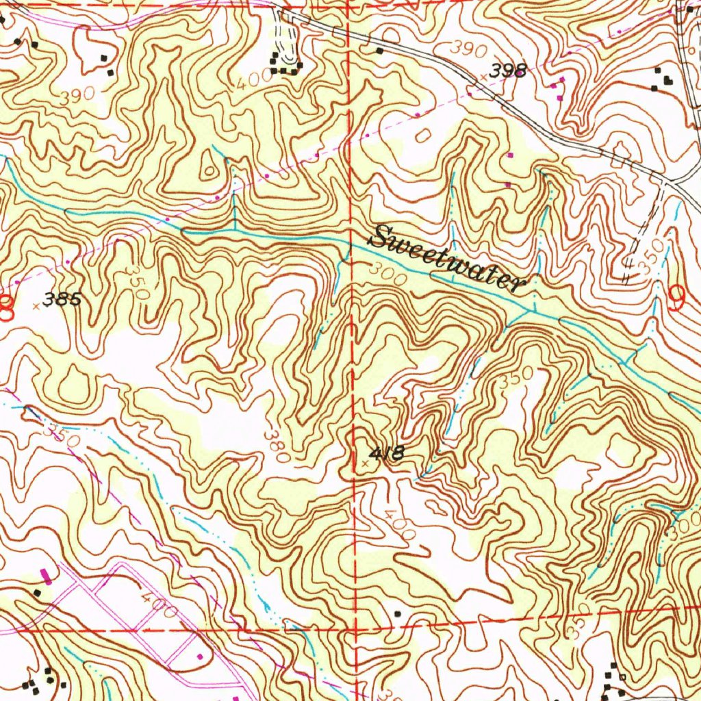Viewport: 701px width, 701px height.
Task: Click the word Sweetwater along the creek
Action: point(448,259)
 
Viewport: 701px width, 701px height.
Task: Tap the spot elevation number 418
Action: point(388,453)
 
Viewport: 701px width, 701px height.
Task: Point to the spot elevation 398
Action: point(508,71)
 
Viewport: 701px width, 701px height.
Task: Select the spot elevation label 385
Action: point(62,299)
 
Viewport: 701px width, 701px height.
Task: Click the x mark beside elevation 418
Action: point(365,463)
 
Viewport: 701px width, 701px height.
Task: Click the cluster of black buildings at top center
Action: point(285,64)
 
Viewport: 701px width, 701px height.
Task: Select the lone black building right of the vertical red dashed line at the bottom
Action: point(398,613)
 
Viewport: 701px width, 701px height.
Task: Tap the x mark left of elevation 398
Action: point(484,77)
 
